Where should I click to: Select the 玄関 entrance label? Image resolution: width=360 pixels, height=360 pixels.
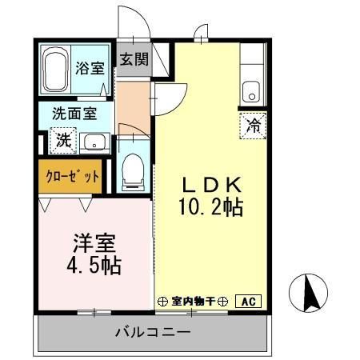pyautogui.click(x=134, y=59)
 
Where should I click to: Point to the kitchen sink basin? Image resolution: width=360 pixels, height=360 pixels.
pyautogui.click(x=251, y=90)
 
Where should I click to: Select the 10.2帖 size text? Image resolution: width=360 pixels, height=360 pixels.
pyautogui.click(x=210, y=207)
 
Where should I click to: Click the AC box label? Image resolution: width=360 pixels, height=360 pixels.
pyautogui.click(x=248, y=301)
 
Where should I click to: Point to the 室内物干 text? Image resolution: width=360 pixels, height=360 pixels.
pyautogui.click(x=196, y=302)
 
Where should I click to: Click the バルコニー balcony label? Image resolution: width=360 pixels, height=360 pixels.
pyautogui.click(x=151, y=331)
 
